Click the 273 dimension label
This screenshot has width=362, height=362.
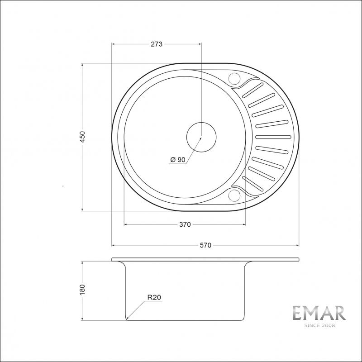[157, 44]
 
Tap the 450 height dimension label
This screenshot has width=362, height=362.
[82, 137]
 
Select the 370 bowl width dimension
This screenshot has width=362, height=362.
[185, 224]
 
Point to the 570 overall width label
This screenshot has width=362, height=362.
[205, 245]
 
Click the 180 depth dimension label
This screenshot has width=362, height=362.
[82, 290]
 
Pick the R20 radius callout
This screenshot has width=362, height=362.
[154, 297]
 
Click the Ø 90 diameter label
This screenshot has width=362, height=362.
[178, 159]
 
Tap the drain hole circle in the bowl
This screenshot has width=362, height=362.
[201, 136]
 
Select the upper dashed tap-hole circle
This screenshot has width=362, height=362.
[235, 79]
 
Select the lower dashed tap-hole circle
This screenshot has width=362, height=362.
[235, 195]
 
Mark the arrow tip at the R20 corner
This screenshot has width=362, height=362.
[127, 319]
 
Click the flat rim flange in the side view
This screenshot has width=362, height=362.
[205, 260]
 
